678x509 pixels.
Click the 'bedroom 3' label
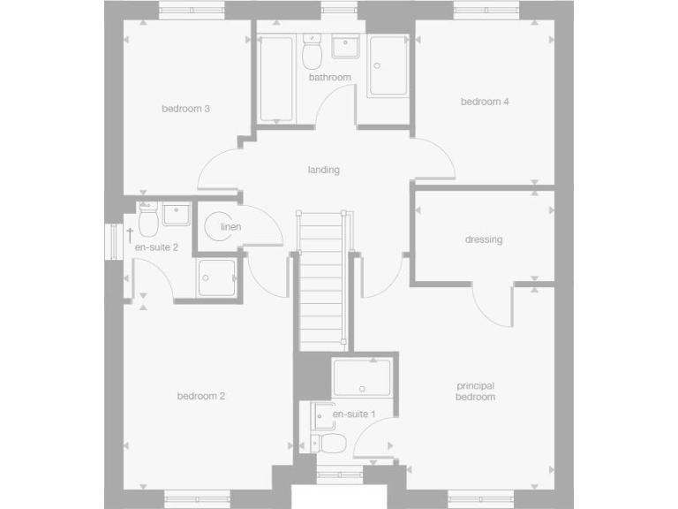click(185, 110)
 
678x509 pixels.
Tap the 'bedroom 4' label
click(485, 102)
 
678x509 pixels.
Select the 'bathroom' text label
click(330, 78)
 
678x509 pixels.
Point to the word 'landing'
click(323, 170)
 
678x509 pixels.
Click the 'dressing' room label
click(483, 239)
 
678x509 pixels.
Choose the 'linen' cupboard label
click(230, 228)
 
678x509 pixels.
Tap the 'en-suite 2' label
click(156, 247)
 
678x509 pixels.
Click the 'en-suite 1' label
click(354, 414)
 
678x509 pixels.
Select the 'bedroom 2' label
click(201, 396)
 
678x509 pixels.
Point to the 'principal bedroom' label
click(475, 391)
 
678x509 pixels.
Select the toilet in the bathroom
click(312, 55)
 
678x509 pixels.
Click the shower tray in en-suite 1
click(362, 377)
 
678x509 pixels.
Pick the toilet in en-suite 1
click(329, 441)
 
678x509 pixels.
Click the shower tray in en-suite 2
click(216, 277)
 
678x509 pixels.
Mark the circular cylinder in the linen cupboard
click(218, 227)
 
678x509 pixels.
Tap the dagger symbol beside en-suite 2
click(129, 234)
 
